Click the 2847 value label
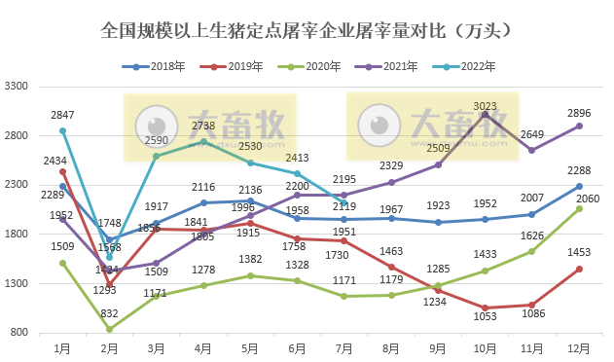click(x=63, y=115)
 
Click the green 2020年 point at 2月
click(x=110, y=329)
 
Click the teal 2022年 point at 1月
click(x=63, y=130)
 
